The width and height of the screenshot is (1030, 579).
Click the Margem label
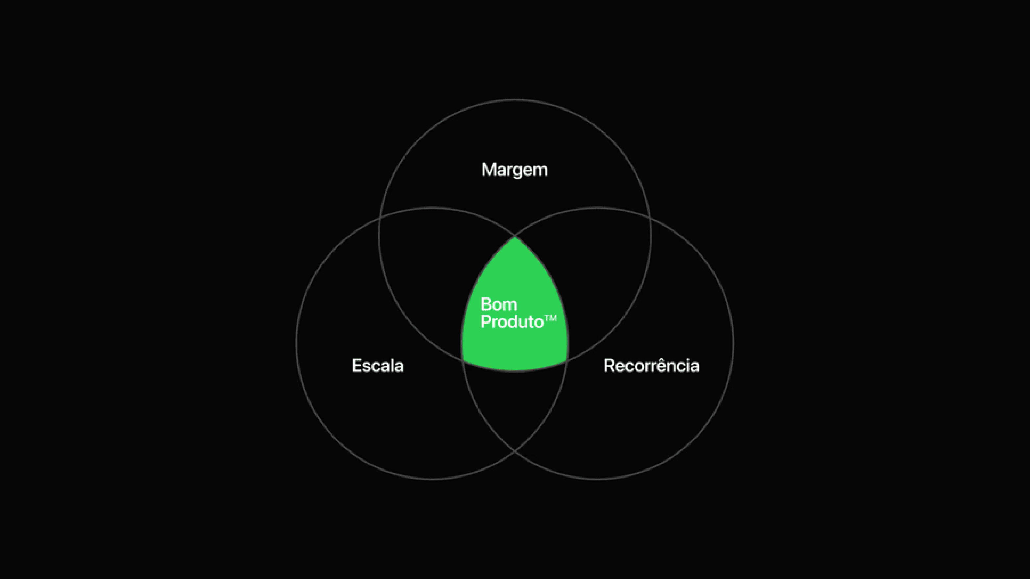click(514, 169)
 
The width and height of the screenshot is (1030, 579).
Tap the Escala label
click(378, 365)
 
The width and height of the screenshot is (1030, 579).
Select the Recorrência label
click(651, 365)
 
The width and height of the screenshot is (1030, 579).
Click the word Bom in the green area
click(499, 305)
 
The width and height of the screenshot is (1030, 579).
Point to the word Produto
click(512, 322)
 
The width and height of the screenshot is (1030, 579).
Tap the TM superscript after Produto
click(551, 318)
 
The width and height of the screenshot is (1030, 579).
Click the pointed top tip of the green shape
click(515, 238)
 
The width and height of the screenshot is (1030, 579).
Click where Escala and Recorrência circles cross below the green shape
click(515, 451)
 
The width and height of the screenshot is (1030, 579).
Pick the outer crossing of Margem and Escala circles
click(380, 219)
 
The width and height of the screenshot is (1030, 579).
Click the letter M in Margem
click(489, 169)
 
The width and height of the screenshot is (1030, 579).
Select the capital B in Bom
click(486, 305)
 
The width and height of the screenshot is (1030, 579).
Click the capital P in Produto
click(486, 322)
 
